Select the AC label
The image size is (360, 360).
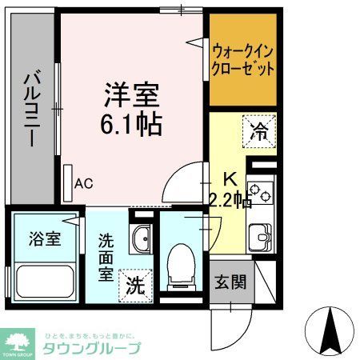click(x=84, y=183)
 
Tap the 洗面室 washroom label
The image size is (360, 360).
click(x=106, y=256)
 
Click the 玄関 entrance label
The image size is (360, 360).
click(x=230, y=282)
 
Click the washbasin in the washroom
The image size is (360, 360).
click(x=142, y=238)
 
